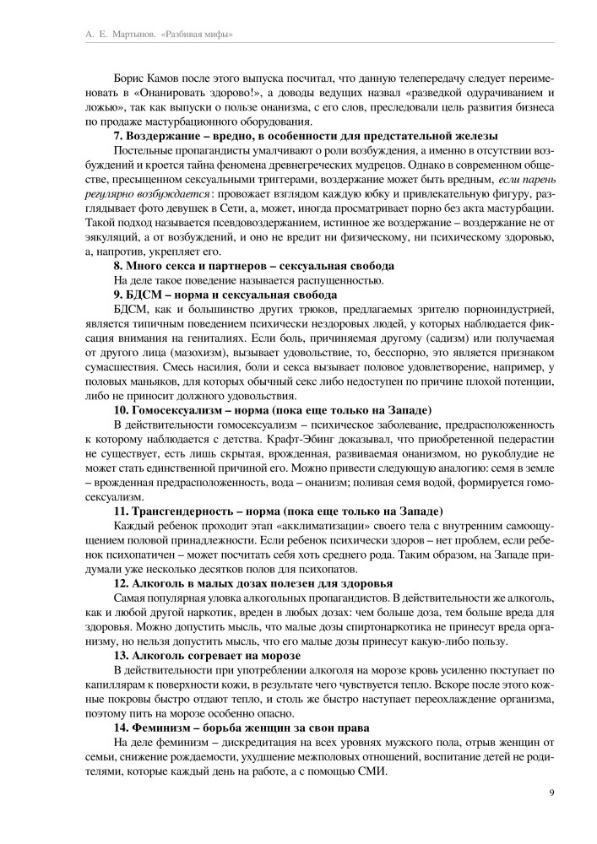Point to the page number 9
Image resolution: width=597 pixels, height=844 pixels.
coord(551,791)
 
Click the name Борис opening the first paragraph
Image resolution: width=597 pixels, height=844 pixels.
coord(131,76)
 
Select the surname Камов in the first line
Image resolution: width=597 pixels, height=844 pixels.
coord(171,76)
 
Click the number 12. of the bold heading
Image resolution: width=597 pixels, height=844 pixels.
coord(121,585)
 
